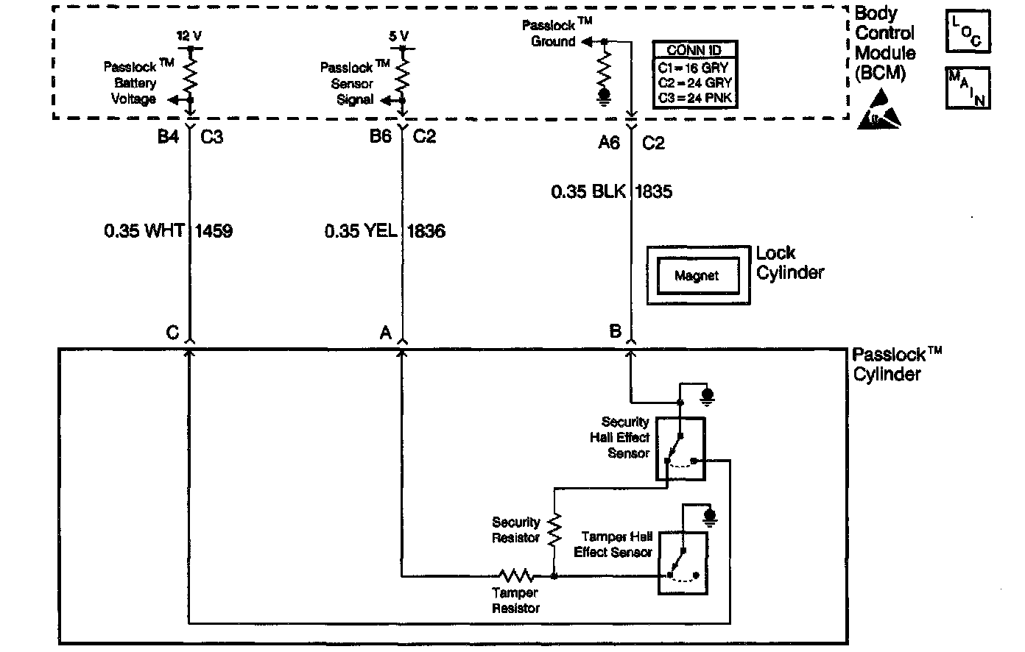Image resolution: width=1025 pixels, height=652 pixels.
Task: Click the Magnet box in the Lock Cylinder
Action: tap(697, 275)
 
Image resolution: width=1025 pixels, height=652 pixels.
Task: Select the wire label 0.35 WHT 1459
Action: tap(168, 231)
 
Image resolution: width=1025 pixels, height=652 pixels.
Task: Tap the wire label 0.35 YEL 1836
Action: tap(384, 231)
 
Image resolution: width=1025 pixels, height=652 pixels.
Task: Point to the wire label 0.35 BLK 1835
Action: tap(611, 192)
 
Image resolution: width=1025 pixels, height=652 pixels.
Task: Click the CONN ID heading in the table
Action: tap(694, 51)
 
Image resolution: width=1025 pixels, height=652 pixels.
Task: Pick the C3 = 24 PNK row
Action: tap(694, 98)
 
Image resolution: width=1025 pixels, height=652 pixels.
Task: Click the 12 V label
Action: tap(189, 35)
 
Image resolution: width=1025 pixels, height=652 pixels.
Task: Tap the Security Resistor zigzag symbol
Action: tap(555, 528)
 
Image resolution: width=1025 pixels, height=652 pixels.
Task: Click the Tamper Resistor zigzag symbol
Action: tap(515, 575)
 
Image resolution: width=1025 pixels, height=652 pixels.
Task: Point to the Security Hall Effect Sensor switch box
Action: tap(680, 450)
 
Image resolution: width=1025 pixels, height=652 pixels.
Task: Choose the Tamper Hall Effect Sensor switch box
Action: tap(683, 562)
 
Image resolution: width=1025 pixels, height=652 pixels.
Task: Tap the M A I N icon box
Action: tap(968, 88)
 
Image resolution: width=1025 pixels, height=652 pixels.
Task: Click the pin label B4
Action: tap(168, 137)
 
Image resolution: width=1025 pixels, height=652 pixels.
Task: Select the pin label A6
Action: tap(609, 143)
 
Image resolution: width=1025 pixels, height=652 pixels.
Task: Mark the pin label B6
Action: tap(380, 137)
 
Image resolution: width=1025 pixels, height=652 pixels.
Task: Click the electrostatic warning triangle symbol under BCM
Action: tap(881, 110)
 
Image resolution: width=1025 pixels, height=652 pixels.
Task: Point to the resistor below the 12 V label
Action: tap(190, 74)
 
